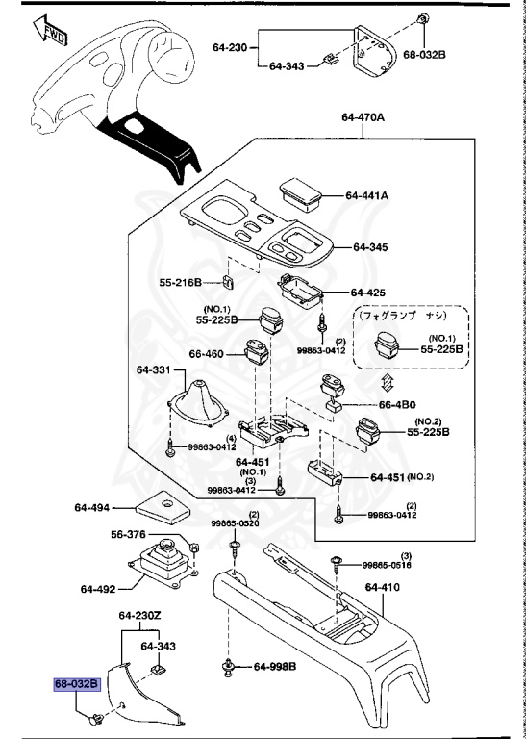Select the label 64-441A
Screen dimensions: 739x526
click(366, 195)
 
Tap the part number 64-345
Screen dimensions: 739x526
click(369, 247)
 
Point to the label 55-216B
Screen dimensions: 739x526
click(180, 283)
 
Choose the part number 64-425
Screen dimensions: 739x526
click(367, 292)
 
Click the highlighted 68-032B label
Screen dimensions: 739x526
click(76, 684)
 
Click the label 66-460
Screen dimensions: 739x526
click(207, 354)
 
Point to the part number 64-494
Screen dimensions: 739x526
click(92, 506)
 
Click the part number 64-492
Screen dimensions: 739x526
click(98, 589)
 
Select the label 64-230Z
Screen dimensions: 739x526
click(141, 616)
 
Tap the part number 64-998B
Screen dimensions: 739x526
click(274, 667)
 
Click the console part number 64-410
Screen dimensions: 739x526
click(383, 585)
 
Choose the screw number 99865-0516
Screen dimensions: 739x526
click(388, 566)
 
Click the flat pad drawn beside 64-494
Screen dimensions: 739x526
click(158, 502)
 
